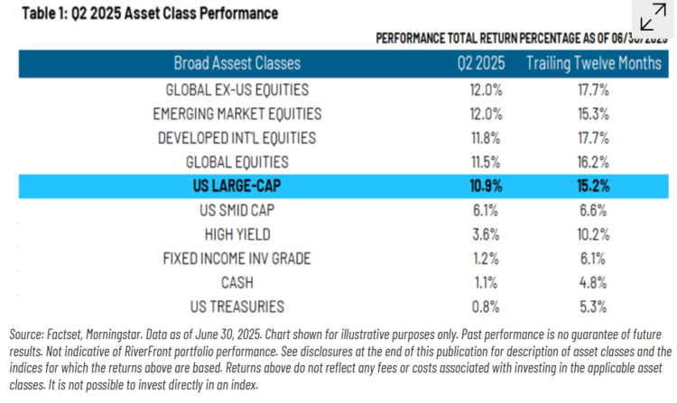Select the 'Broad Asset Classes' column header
tap(237, 64)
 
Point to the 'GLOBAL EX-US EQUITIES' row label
tap(237, 90)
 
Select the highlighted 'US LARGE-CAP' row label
tap(237, 187)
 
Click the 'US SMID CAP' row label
tap(237, 211)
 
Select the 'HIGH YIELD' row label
tap(237, 234)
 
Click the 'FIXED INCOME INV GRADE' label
tap(237, 259)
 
